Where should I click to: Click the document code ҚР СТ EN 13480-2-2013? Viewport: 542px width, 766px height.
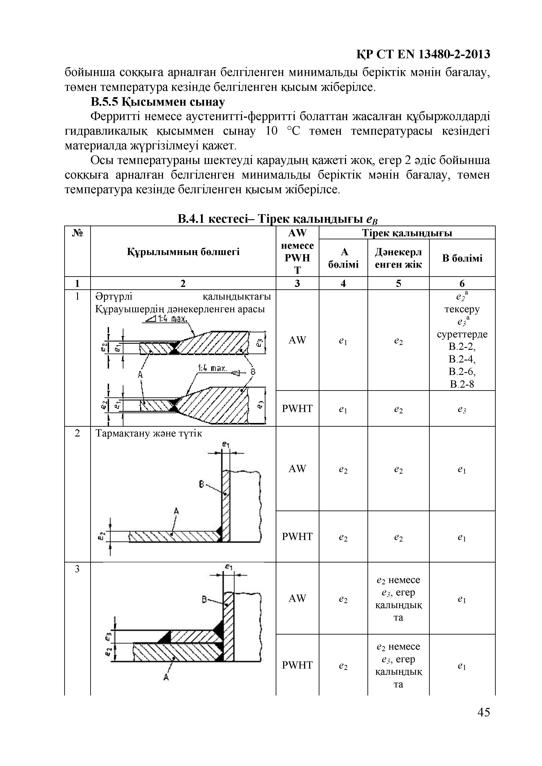tap(423, 54)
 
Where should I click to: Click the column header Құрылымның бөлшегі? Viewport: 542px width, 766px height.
tap(183, 252)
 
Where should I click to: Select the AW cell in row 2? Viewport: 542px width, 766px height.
tap(297, 468)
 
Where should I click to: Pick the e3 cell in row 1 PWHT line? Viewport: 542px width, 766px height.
tap(462, 409)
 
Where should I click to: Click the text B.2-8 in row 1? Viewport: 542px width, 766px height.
tap(462, 384)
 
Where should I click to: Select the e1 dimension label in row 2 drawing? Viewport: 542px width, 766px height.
tap(226, 445)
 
